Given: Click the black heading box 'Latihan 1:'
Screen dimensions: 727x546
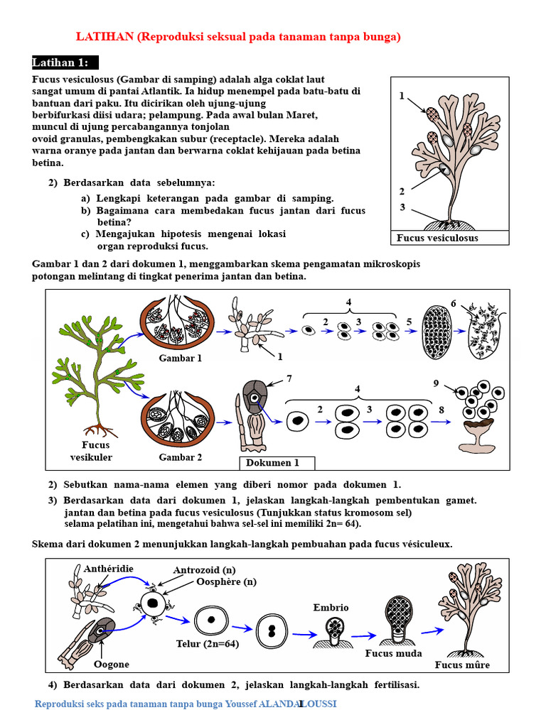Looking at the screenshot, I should [65, 62].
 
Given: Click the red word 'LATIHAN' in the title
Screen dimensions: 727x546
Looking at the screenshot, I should [105, 37].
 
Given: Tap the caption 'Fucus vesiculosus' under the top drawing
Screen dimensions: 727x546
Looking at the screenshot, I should [437, 238].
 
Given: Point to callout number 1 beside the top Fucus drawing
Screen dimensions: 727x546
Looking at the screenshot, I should [402, 96].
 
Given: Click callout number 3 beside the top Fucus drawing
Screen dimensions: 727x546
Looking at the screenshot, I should [402, 207].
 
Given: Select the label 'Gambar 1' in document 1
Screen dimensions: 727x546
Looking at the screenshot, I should [181, 358].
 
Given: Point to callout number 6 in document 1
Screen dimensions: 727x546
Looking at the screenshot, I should [454, 303].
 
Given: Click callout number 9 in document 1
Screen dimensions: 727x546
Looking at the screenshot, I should [436, 384].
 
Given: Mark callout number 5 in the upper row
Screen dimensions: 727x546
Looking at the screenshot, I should [409, 322].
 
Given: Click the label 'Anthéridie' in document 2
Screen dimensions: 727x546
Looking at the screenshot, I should [109, 569].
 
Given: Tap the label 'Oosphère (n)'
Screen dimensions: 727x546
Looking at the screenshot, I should [226, 581].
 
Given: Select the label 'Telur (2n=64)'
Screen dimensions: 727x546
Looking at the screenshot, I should [207, 644].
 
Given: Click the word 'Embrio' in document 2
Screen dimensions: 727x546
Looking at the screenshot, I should [331, 607].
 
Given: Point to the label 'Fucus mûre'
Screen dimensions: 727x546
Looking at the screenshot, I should [462, 665].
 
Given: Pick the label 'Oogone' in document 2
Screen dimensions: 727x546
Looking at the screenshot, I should [112, 665].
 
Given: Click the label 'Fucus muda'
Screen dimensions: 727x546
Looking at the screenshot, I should [393, 652].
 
